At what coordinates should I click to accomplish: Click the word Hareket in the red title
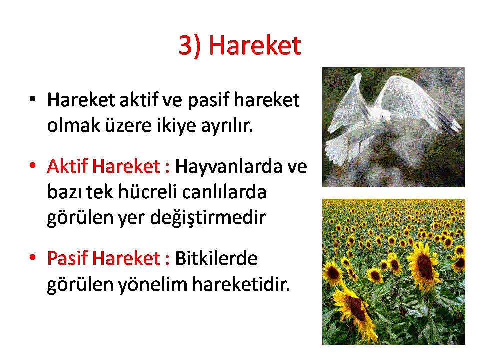tap(255, 45)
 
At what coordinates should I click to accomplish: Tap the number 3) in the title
tap(190, 46)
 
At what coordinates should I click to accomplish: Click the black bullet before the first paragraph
tap(33, 99)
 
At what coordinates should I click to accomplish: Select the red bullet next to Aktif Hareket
tap(33, 165)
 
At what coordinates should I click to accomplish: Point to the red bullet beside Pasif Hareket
tap(33, 257)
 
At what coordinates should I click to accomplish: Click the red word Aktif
tap(68, 166)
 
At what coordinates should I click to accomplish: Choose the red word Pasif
tap(68, 258)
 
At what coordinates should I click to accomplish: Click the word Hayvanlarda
tap(228, 167)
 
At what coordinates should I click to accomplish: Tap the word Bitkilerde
tap(216, 258)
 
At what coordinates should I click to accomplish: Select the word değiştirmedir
tap(208, 218)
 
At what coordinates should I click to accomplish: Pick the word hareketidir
tap(241, 284)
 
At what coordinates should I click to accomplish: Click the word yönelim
tap(153, 284)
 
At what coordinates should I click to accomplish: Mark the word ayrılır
tap(227, 126)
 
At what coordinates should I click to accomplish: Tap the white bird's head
tap(385, 116)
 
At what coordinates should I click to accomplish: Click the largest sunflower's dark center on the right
tap(425, 266)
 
